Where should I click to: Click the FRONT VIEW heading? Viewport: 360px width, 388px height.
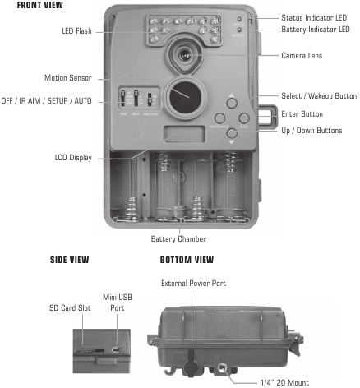click(x=29, y=6)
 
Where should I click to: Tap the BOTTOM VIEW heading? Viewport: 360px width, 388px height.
click(x=187, y=261)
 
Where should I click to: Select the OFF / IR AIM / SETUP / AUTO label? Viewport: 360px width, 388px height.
click(x=48, y=100)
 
